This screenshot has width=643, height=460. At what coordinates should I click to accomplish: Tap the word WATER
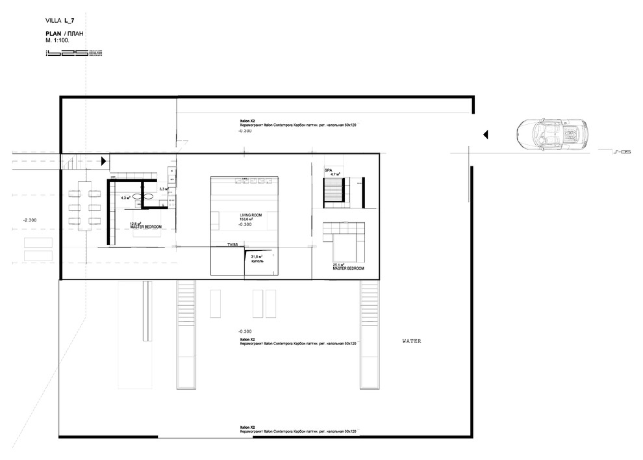point(412,340)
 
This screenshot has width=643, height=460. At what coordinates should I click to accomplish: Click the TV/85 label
point(232,245)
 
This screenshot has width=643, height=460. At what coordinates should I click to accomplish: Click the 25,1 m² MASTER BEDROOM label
point(347,266)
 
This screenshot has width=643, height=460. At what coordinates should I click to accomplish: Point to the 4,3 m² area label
point(125,198)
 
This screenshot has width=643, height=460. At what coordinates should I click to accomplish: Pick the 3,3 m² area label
point(163,189)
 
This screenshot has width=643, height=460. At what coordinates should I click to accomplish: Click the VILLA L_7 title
point(60,21)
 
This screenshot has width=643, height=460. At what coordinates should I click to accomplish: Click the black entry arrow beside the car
point(485,134)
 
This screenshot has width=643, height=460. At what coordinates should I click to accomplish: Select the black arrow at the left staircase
point(104,161)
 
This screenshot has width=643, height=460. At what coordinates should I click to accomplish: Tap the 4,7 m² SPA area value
point(335,174)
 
